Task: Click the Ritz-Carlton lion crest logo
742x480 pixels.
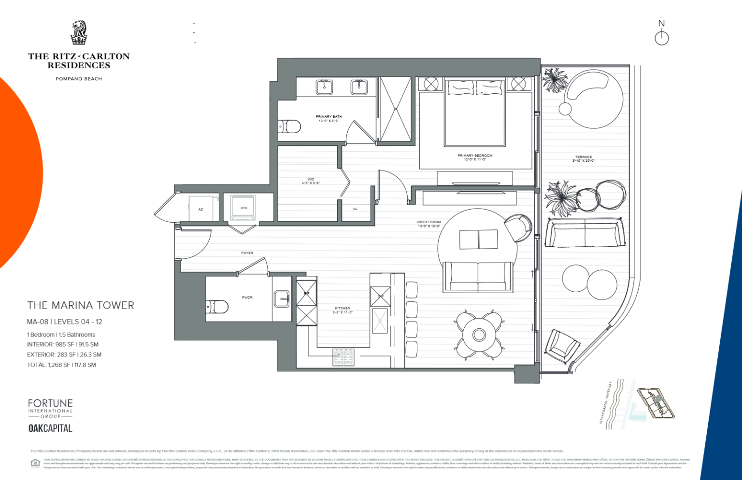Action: [x=79, y=33]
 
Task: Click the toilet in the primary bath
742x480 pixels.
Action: [x=290, y=127]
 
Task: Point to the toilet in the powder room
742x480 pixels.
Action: [x=217, y=307]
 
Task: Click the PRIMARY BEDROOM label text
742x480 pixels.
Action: [x=475, y=157]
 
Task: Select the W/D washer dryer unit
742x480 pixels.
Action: [x=243, y=208]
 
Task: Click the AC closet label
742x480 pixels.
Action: [x=201, y=209]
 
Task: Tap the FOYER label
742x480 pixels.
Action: [x=247, y=253]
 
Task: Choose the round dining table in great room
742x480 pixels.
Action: [x=479, y=335]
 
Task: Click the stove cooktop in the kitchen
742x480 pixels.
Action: [x=343, y=357]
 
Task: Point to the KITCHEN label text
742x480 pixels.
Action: [x=342, y=310]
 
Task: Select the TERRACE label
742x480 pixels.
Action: [x=583, y=158]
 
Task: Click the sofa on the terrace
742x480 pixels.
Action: [x=585, y=233]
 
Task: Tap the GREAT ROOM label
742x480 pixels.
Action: [x=429, y=224]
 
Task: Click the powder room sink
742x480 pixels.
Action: [x=281, y=299]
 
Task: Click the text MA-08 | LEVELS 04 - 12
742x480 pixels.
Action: [x=65, y=322]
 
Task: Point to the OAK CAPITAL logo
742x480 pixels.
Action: [x=50, y=428]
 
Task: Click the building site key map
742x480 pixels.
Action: [x=656, y=403]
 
